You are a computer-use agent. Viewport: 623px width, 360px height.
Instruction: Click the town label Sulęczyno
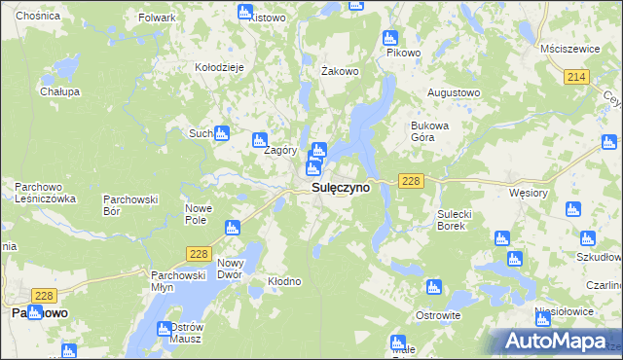[x=340, y=188]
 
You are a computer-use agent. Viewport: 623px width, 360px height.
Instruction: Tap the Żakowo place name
[x=341, y=71]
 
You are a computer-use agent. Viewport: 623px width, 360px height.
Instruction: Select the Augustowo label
[x=454, y=92]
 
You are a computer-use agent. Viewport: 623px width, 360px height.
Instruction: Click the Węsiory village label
[x=529, y=193]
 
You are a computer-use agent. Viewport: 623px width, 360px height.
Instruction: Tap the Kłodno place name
[x=284, y=281]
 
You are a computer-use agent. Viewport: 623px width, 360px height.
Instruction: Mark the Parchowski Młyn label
[x=175, y=281]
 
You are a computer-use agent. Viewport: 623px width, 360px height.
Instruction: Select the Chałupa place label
[x=59, y=91]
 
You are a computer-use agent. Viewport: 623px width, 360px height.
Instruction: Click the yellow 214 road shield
[x=578, y=77]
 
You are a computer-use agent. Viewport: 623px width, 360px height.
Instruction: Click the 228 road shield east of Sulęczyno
[x=410, y=182]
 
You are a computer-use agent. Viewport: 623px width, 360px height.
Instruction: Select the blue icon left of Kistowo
[x=244, y=12]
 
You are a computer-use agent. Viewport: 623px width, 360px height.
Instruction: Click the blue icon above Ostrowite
[x=433, y=288]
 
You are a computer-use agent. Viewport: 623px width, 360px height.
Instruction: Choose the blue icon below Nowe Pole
[x=232, y=229]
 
